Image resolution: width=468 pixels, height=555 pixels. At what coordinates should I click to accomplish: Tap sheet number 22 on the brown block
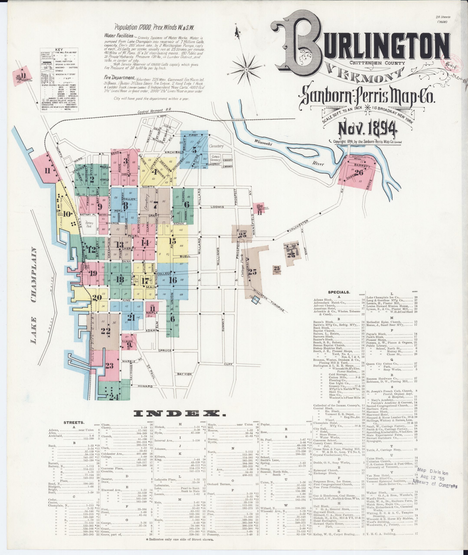point(106,331)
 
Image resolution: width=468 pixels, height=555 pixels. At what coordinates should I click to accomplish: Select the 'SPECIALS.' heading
point(339,292)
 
